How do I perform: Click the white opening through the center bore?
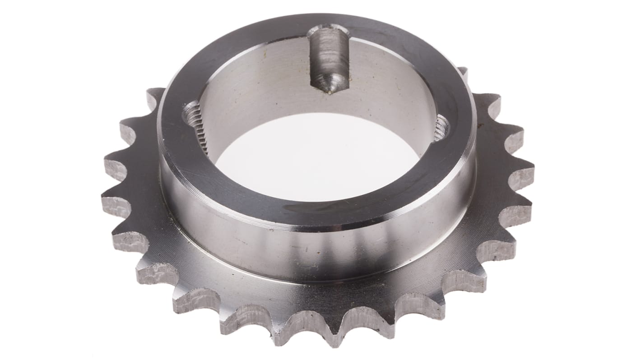pos(316,162)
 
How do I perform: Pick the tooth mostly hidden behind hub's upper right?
pos(463,72)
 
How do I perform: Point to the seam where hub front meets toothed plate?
pos(316,282)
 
